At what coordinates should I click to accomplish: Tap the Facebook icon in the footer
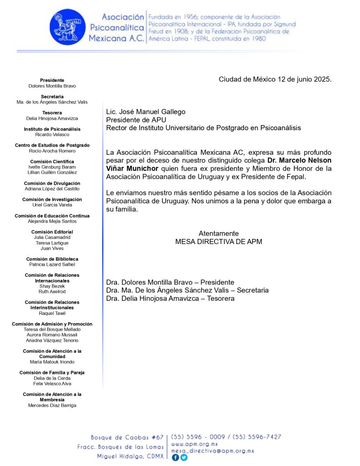click(x=175, y=458)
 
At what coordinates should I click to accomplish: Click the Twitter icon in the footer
click(x=183, y=458)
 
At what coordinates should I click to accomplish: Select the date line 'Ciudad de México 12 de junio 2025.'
click(x=275, y=79)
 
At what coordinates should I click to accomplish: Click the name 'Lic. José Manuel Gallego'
click(x=146, y=111)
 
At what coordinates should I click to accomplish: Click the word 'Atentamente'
click(x=218, y=233)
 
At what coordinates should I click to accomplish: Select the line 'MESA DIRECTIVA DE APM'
click(x=218, y=242)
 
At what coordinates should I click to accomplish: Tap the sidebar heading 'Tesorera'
click(x=52, y=112)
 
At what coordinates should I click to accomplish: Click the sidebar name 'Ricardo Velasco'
click(x=52, y=135)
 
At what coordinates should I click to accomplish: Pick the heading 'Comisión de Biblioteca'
click(x=52, y=259)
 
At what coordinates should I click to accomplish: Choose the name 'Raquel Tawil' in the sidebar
click(x=52, y=313)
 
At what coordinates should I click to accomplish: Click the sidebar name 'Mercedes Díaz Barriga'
click(x=52, y=405)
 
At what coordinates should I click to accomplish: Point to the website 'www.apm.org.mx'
click(x=195, y=444)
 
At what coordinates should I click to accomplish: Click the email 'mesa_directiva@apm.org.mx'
click(x=212, y=451)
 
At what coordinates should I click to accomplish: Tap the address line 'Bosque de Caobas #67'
click(x=127, y=437)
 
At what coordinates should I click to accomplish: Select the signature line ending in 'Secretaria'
click(x=187, y=290)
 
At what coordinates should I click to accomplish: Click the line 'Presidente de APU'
click(x=136, y=120)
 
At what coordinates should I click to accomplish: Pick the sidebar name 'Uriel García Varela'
click(x=52, y=205)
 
